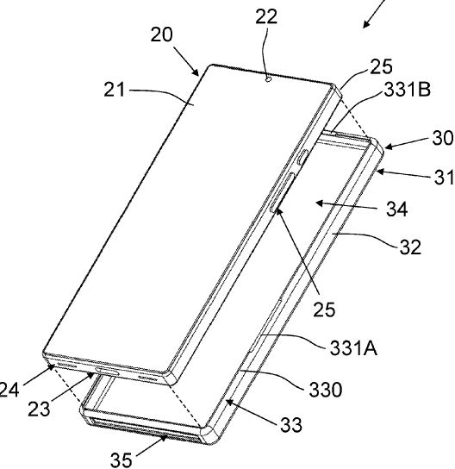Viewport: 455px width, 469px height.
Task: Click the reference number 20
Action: pos(161,34)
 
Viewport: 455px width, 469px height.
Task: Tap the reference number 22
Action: pos(266,16)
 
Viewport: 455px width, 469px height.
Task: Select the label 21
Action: pos(115,90)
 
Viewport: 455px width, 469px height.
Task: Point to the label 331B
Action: pos(407,90)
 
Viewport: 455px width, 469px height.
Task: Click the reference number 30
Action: pos(443,139)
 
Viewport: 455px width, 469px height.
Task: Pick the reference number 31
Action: pos(445,178)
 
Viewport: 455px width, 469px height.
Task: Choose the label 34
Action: pos(397,209)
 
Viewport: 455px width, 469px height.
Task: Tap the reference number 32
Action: pos(410,247)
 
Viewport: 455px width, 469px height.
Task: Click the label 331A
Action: pos(353,348)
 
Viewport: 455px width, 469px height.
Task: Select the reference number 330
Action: pos(325,390)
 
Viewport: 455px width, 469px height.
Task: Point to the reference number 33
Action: pos(291,425)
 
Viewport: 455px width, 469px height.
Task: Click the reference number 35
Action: pos(122,460)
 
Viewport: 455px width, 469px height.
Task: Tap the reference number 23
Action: pos(39,409)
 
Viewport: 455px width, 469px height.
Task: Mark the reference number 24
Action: pos(9,390)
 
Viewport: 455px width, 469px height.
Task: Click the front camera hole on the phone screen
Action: pos(268,79)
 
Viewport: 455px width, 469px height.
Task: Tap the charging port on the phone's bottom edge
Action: pos(107,372)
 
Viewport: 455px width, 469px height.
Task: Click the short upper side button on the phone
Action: pos(302,157)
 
